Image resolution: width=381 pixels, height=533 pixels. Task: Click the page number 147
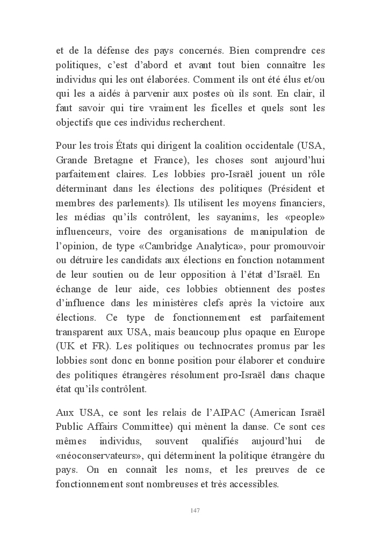[195, 510]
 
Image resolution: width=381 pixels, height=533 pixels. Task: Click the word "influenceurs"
[84, 232]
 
